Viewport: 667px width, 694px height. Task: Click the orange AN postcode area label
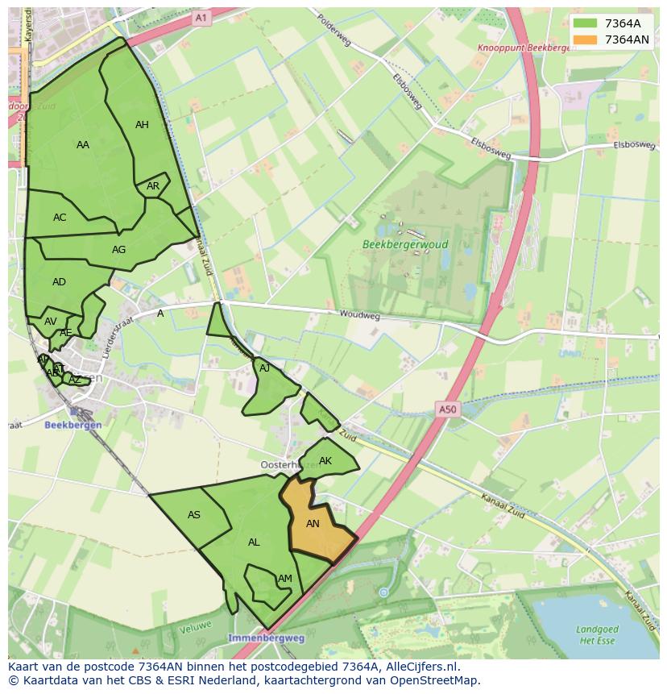[313, 523]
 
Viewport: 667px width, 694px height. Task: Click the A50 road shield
[447, 409]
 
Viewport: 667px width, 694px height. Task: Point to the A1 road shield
[201, 17]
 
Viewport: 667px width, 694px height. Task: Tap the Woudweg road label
[359, 316]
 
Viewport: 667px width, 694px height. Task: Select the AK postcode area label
[325, 461]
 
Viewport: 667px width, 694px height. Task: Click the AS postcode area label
[194, 515]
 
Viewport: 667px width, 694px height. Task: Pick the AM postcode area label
[284, 579]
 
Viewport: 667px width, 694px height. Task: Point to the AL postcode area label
[254, 542]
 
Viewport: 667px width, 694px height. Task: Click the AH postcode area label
[142, 124]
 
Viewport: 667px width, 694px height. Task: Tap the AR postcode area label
[153, 186]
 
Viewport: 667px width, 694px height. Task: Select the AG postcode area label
[118, 249]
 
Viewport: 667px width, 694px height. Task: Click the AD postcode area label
[59, 282]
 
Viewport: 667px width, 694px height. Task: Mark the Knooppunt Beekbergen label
[524, 48]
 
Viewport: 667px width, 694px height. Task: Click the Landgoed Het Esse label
[598, 634]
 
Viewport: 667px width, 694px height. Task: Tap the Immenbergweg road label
[266, 638]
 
